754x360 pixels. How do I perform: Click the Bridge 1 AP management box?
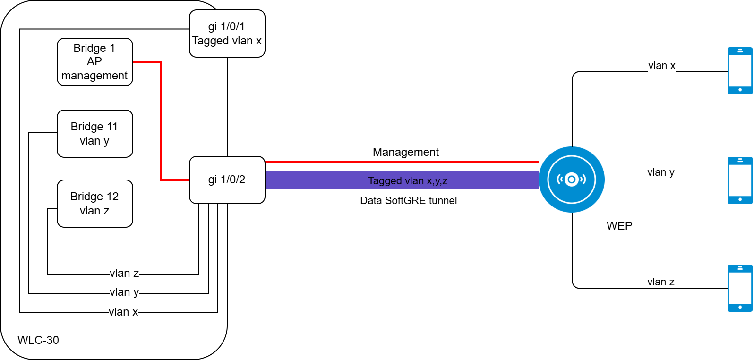(94, 62)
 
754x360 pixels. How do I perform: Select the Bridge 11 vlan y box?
(94, 134)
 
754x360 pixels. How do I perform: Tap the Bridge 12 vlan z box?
(94, 204)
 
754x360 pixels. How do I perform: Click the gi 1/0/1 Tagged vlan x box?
(227, 34)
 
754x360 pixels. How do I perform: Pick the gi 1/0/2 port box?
(227, 180)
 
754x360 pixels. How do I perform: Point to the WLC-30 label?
(38, 340)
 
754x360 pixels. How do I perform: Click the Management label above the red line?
(405, 152)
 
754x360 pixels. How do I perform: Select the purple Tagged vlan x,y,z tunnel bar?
(402, 180)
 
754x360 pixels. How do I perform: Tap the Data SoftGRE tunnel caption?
(408, 200)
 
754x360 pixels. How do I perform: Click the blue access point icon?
(572, 180)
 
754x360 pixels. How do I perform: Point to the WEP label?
(619, 226)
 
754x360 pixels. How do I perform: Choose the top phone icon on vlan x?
(740, 71)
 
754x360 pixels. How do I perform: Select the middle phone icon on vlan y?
(740, 180)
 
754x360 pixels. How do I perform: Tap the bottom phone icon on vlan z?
(740, 288)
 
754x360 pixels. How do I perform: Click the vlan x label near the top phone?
(661, 66)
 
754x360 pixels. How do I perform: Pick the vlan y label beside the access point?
(660, 172)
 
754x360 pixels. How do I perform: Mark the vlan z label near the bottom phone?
(660, 282)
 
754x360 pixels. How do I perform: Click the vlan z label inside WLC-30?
(124, 273)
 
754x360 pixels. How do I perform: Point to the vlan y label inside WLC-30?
(124, 292)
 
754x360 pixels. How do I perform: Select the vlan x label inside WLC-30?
(123, 312)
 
